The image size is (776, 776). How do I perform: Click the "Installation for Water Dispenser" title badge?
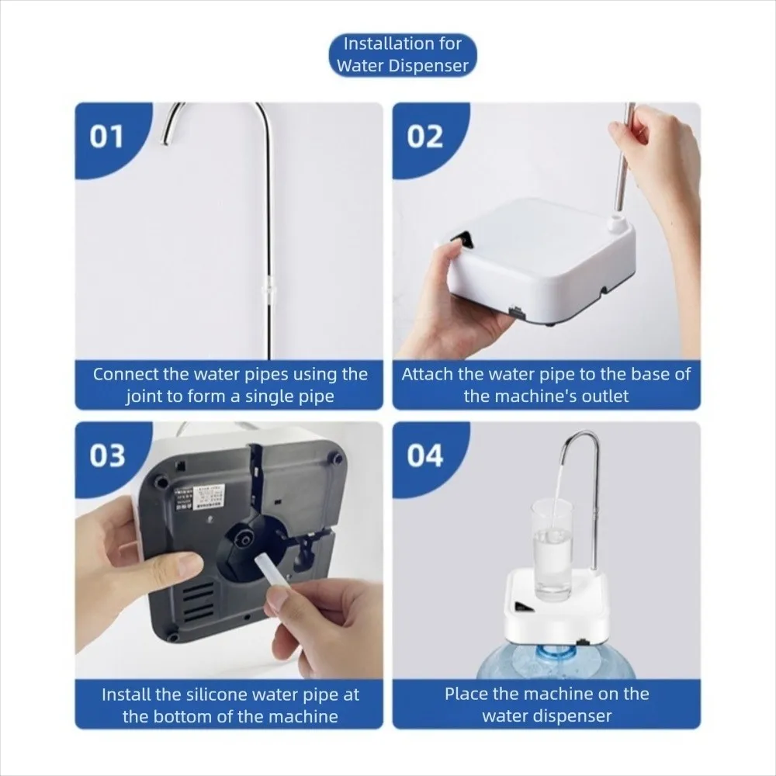[403, 55]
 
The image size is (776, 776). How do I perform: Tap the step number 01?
[106, 137]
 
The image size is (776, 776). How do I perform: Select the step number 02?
[424, 137]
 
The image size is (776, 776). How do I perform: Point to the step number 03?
[107, 456]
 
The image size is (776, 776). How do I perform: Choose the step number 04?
[425, 456]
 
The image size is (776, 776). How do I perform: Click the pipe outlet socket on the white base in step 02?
[617, 222]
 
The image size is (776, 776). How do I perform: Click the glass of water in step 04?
[552, 549]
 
